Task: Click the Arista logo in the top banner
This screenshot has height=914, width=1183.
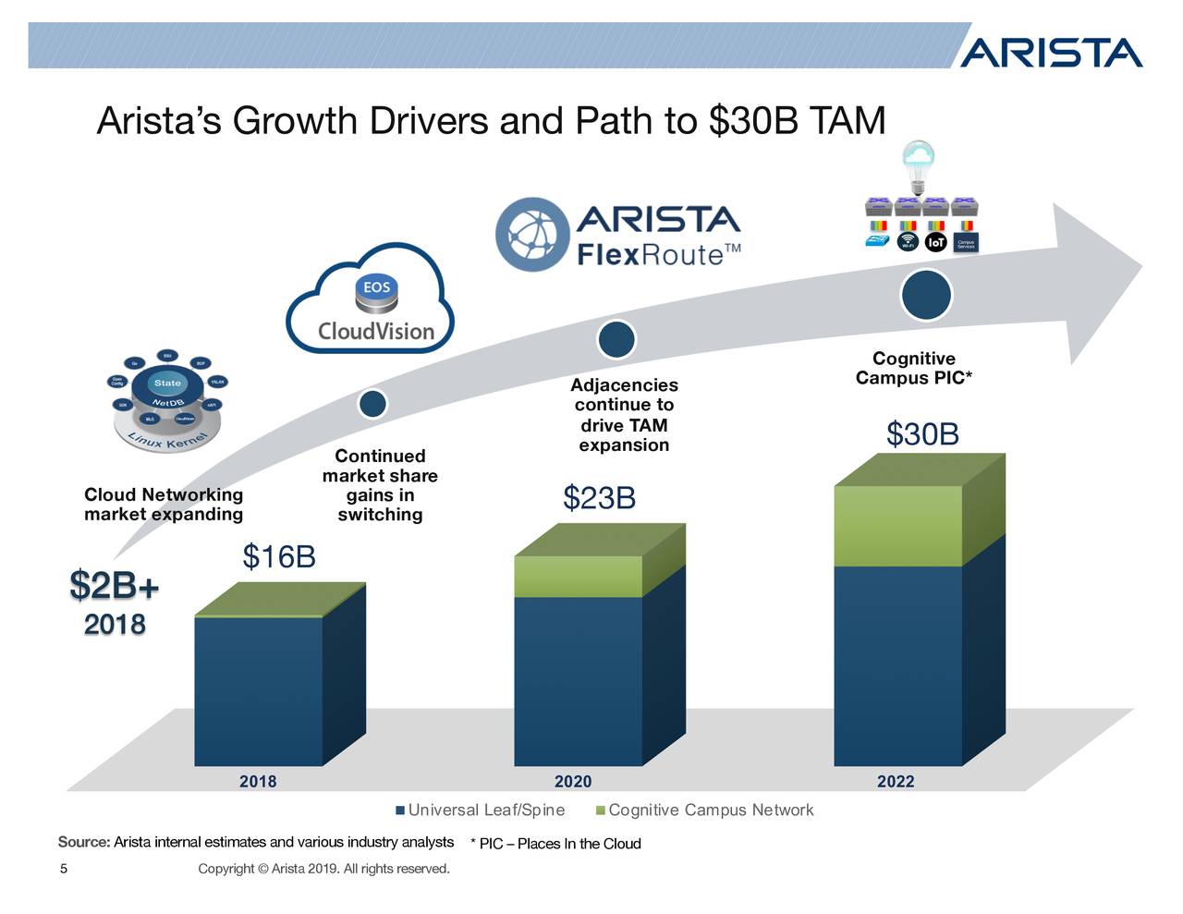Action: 1051,53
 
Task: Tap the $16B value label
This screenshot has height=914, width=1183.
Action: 279,557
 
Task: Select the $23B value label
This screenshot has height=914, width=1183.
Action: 599,499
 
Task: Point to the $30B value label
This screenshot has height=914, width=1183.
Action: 922,433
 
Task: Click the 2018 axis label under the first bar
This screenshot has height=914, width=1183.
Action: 258,782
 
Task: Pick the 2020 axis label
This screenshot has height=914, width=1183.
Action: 573,782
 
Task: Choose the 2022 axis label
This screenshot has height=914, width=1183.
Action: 896,782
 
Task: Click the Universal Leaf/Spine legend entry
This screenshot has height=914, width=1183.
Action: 481,810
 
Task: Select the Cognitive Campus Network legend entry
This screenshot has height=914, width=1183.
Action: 706,810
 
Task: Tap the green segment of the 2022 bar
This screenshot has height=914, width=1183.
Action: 897,525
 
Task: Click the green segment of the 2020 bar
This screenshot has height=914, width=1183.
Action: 578,577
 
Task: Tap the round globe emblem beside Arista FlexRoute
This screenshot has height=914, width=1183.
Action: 531,233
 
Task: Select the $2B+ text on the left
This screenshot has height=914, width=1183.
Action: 115,585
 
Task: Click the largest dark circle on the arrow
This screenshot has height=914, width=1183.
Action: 925,295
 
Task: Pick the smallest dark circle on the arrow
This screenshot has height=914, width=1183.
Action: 372,404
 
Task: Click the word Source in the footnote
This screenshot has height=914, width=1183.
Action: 83,842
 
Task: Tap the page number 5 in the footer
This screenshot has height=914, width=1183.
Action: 64,869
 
